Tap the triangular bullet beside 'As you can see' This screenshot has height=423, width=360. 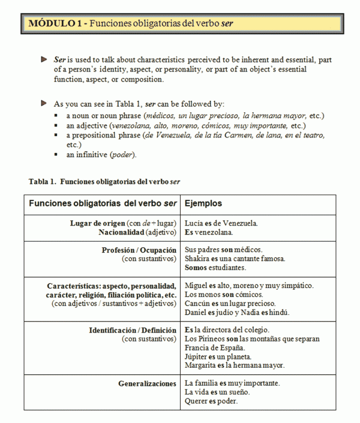[x=43, y=103]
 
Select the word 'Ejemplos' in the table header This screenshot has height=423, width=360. [x=203, y=203]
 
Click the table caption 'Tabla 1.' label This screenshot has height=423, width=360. [x=43, y=181]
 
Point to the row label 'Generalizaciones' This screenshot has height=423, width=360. [x=147, y=383]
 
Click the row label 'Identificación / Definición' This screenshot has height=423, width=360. [x=133, y=329]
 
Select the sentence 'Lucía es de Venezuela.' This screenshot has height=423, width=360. [x=221, y=223]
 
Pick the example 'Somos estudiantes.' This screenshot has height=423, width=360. [x=215, y=267]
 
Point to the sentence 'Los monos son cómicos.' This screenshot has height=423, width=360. [x=223, y=295]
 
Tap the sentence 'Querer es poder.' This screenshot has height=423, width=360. [x=211, y=401]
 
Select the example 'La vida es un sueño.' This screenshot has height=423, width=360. [x=217, y=392]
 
